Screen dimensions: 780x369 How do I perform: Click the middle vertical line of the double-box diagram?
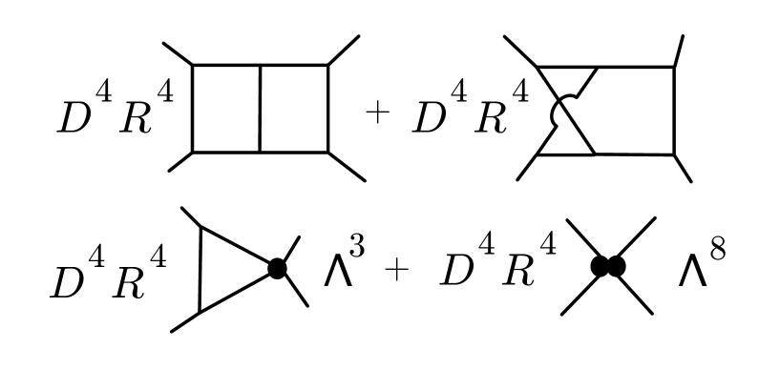(x=260, y=108)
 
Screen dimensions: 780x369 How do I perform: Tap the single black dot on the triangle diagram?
(x=277, y=269)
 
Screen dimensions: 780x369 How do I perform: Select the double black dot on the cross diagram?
(x=607, y=267)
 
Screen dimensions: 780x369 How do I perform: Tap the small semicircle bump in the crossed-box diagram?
(x=557, y=113)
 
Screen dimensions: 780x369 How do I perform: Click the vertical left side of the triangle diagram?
(x=200, y=269)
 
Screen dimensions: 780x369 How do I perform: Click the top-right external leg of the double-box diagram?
(x=344, y=50)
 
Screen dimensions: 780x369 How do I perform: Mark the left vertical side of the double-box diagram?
(x=193, y=108)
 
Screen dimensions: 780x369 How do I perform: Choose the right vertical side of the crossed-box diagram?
(x=674, y=110)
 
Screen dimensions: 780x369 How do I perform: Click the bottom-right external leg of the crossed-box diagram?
(x=683, y=168)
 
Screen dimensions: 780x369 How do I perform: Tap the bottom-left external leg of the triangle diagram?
(x=185, y=321)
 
